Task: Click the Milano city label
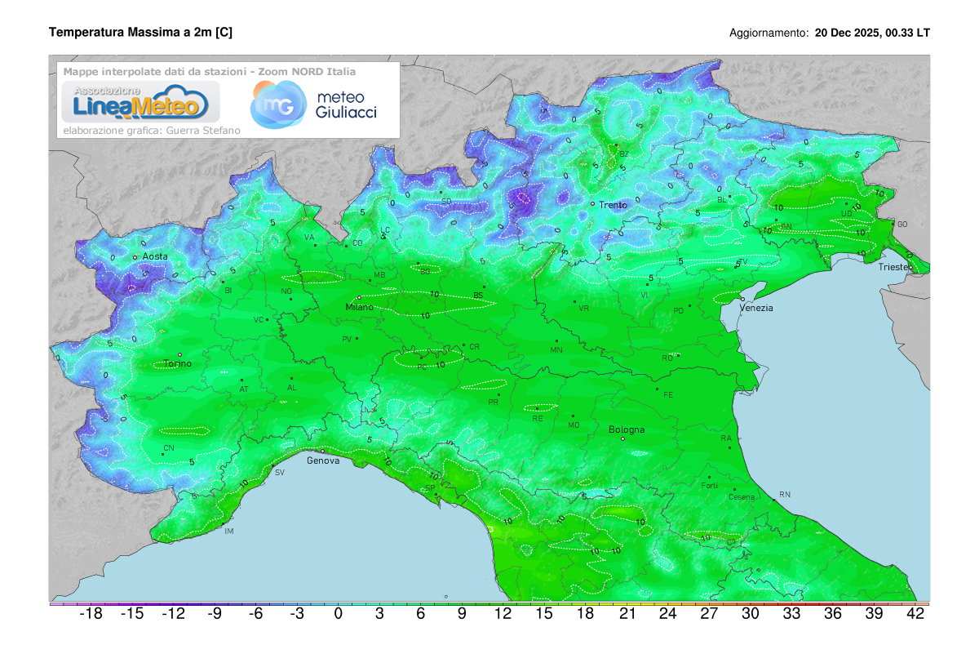[x=359, y=307]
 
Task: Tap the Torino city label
[x=177, y=364]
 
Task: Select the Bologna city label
[x=627, y=429]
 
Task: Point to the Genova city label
[x=323, y=460]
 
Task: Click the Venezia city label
[x=756, y=308]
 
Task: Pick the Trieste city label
[x=896, y=267]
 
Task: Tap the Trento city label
[x=613, y=205]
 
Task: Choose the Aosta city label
[x=155, y=256]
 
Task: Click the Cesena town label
[x=742, y=497]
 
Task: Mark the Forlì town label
[x=709, y=487]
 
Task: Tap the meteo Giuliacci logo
[x=314, y=105]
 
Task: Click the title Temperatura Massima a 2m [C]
[x=140, y=33]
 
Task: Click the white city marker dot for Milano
[x=359, y=297]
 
